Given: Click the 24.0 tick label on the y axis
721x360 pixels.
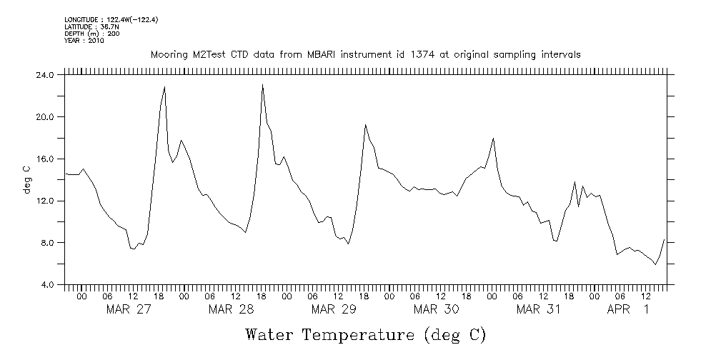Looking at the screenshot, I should pyautogui.click(x=44, y=75).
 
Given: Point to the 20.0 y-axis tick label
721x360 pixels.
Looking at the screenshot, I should pyautogui.click(x=44, y=117).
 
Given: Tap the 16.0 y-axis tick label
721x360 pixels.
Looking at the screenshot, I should pyautogui.click(x=44, y=159).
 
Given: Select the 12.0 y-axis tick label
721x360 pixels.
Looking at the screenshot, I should pyautogui.click(x=44, y=201).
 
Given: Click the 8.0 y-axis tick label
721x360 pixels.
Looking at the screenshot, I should pyautogui.click(x=46, y=243).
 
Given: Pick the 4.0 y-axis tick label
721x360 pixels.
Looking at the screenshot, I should pyautogui.click(x=46, y=285).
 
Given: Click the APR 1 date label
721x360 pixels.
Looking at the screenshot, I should pyautogui.click(x=628, y=309).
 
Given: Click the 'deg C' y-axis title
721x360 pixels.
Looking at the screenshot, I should pyautogui.click(x=26, y=179).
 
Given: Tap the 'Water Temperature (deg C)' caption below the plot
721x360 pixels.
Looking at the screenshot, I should pyautogui.click(x=365, y=334).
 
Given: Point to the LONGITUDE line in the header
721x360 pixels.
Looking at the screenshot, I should pyautogui.click(x=111, y=19).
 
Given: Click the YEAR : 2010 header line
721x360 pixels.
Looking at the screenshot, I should pyautogui.click(x=84, y=41).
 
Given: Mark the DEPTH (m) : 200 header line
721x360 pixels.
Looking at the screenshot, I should pyautogui.click(x=92, y=34).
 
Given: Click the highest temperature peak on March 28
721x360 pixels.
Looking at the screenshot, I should pyautogui.click(x=263, y=85).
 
